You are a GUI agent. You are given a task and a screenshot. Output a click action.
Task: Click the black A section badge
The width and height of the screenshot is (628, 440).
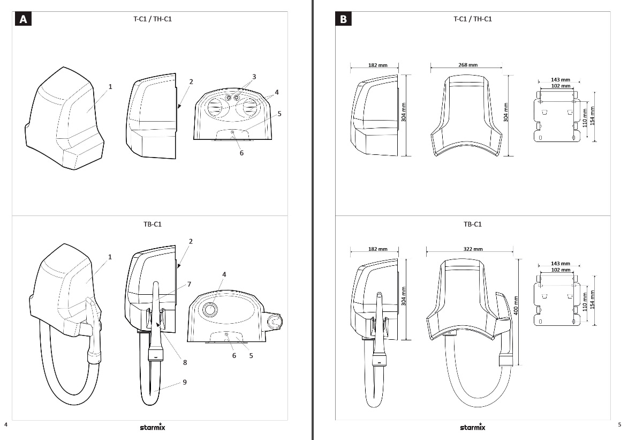click(23, 19)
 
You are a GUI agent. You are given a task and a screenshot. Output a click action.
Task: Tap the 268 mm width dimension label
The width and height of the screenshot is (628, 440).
click(468, 65)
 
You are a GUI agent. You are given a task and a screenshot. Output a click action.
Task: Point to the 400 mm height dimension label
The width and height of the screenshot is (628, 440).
click(516, 305)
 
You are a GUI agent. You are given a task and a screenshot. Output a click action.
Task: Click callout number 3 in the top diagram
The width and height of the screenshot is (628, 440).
click(254, 77)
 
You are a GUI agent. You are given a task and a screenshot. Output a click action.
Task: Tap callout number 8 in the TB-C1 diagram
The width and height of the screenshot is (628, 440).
click(185, 362)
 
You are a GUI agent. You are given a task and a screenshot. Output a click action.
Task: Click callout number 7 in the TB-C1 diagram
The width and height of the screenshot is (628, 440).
click(189, 284)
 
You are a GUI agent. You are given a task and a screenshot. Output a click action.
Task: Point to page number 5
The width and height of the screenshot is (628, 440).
click(619, 425)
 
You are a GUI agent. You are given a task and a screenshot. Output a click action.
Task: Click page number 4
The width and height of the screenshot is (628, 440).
click(5, 425)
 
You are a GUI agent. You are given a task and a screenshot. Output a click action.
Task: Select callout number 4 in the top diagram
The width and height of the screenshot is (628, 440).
click(277, 92)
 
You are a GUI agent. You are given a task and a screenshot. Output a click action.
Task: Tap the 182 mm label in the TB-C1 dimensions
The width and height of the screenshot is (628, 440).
click(378, 249)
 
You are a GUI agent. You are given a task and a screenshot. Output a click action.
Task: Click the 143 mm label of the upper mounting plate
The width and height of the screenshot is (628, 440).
click(561, 80)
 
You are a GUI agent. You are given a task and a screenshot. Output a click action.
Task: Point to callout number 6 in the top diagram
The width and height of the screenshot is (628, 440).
click(241, 153)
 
